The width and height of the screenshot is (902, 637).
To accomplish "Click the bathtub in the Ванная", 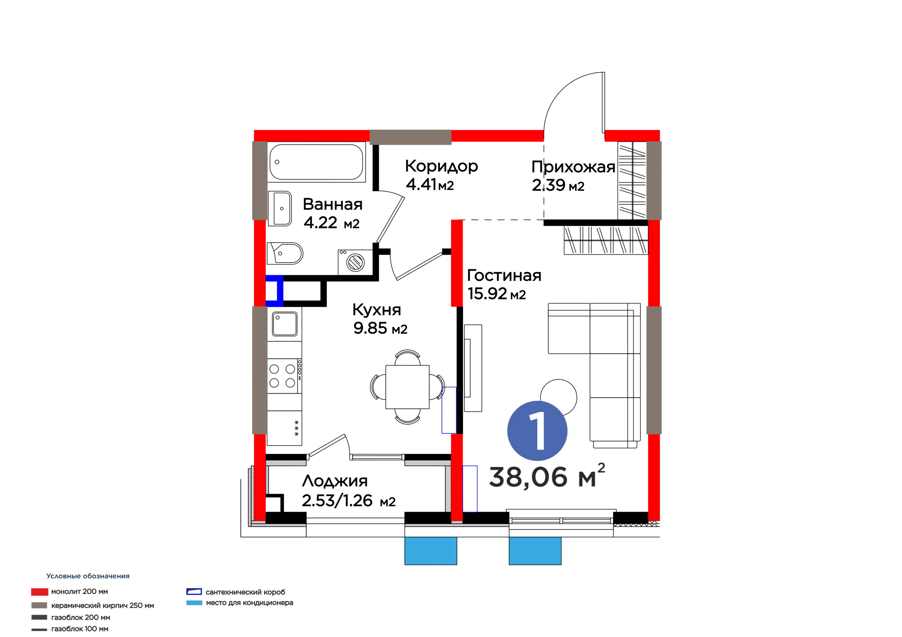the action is pyautogui.click(x=316, y=162).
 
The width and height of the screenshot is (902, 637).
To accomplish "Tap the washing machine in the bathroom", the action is pyautogui.click(x=356, y=262).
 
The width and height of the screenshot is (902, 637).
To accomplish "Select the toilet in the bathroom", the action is pyautogui.click(x=285, y=253).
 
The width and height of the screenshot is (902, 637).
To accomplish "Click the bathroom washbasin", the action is pyautogui.click(x=280, y=208).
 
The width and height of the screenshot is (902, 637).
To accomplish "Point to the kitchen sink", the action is pyautogui.click(x=285, y=324).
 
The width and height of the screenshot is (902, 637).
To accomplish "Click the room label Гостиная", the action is pyautogui.click(x=504, y=276).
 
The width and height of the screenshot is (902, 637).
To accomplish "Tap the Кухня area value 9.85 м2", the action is pyautogui.click(x=380, y=328).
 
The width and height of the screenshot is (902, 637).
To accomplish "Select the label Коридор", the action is pyautogui.click(x=441, y=166).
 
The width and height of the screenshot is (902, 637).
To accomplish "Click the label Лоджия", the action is pyautogui.click(x=335, y=481).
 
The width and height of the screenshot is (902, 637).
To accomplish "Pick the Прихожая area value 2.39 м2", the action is pyautogui.click(x=558, y=185).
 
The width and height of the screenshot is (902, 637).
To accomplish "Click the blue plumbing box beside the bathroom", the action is pyautogui.click(x=274, y=291).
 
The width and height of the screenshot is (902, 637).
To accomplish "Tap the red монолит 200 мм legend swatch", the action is pyautogui.click(x=40, y=592).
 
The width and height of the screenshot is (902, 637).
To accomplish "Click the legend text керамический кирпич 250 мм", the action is pyautogui.click(x=103, y=606).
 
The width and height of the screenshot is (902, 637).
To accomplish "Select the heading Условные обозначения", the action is pyautogui.click(x=88, y=576).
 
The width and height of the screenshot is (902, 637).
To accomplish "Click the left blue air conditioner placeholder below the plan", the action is pyautogui.click(x=431, y=551).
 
